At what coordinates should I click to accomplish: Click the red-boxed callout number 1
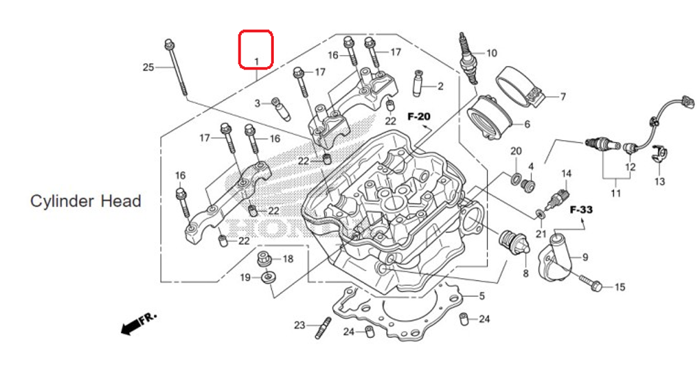pyautogui.click(x=256, y=61)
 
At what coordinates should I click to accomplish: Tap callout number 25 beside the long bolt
pyautogui.click(x=148, y=68)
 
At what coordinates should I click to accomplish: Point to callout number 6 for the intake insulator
pyautogui.click(x=527, y=125)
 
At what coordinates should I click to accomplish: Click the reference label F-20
pyautogui.click(x=420, y=116)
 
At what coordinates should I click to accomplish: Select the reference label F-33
pyautogui.click(x=581, y=209)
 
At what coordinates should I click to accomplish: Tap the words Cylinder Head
pyautogui.click(x=86, y=201)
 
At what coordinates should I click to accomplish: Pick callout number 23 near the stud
pyautogui.click(x=300, y=325)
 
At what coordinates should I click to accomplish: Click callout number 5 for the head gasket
pyautogui.click(x=481, y=296)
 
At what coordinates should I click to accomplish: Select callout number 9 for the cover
pyautogui.click(x=585, y=257)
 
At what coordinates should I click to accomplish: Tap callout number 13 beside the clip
pyautogui.click(x=659, y=182)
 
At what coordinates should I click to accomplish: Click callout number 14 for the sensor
pyautogui.click(x=566, y=173)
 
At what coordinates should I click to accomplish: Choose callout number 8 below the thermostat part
pyautogui.click(x=526, y=274)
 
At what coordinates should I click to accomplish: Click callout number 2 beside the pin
pyautogui.click(x=440, y=86)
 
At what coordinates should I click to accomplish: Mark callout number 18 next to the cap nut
pyautogui.click(x=288, y=259)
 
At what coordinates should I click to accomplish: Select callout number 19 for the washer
pyautogui.click(x=245, y=278)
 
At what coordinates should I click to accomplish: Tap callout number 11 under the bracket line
pyautogui.click(x=615, y=193)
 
